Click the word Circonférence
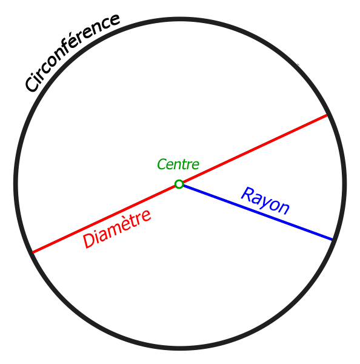tap(72, 53)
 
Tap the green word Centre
tap(178, 164)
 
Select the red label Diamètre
tap(117, 229)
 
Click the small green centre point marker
tap(179, 184)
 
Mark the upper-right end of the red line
tap(327, 115)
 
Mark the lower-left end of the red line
tap(33, 252)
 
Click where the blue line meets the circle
tap(332, 240)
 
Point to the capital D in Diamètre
tap(89, 240)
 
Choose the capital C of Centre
tap(162, 164)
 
